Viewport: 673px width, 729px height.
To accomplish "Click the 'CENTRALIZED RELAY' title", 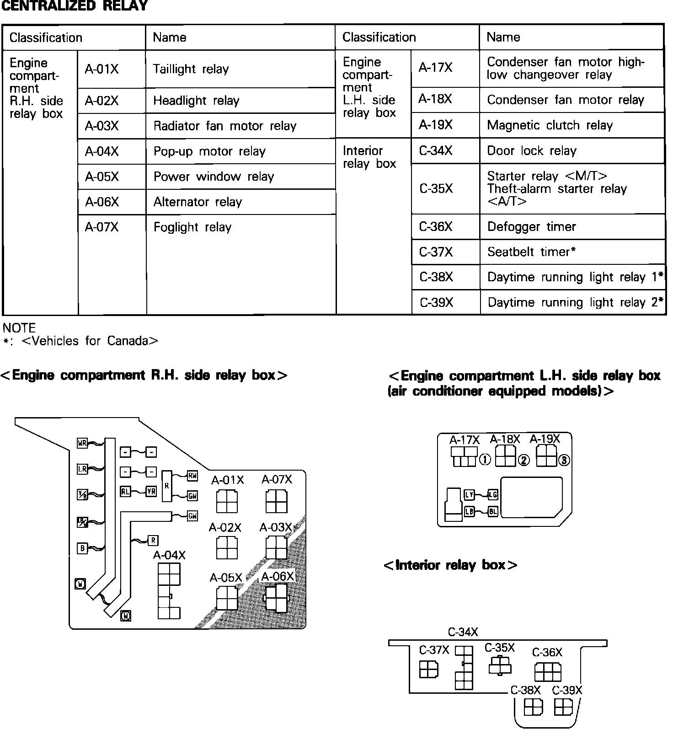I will pyautogui.click(x=75, y=6).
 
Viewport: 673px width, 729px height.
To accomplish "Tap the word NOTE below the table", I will pyautogui.click(x=19, y=328).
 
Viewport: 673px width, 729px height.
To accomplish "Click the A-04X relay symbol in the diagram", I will pyautogui.click(x=169, y=591).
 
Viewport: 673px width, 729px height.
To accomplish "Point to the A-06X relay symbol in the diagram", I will pyautogui.click(x=277, y=597).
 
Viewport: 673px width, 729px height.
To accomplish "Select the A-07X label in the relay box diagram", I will pyautogui.click(x=277, y=479).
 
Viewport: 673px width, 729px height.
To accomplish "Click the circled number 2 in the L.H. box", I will pyautogui.click(x=523, y=461).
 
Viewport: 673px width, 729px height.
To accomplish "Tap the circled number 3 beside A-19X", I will pyautogui.click(x=564, y=461).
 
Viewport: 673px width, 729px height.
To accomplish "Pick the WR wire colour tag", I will pyautogui.click(x=82, y=443).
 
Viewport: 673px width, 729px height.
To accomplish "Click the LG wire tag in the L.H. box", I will pyautogui.click(x=492, y=494).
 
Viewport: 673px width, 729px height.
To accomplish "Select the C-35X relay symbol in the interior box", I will pyautogui.click(x=500, y=665).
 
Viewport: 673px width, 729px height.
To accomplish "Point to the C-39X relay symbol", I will pyautogui.click(x=563, y=708).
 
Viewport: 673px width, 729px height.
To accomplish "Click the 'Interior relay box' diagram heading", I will pyautogui.click(x=450, y=565).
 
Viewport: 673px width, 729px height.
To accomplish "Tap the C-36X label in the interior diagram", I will pyautogui.click(x=547, y=652).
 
